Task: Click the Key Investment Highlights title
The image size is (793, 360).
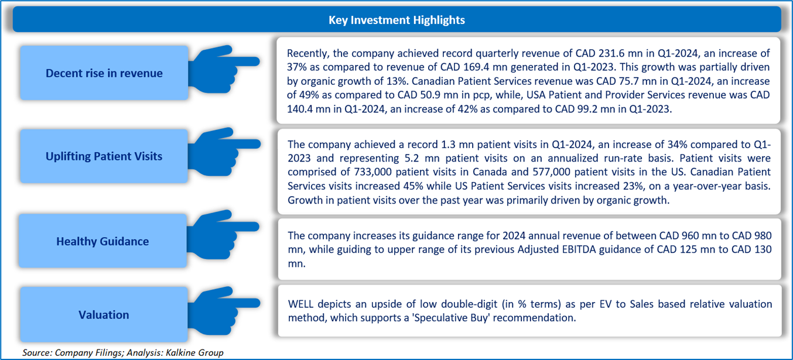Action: point(396,20)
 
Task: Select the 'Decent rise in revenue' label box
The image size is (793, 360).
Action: point(104,73)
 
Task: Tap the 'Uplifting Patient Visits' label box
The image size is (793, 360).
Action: point(104,156)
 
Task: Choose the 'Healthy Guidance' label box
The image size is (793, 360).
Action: point(102,241)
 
